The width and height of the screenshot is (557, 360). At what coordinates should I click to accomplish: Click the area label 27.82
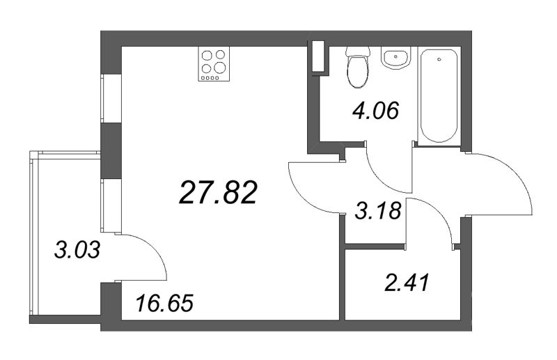coord(218,191)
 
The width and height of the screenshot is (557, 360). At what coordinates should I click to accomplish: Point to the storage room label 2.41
coord(406,283)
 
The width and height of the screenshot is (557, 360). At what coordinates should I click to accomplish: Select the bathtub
coord(439,95)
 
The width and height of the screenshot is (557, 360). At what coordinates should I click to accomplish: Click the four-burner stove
coord(213,63)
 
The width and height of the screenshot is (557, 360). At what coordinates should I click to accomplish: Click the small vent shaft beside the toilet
coord(318,58)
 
